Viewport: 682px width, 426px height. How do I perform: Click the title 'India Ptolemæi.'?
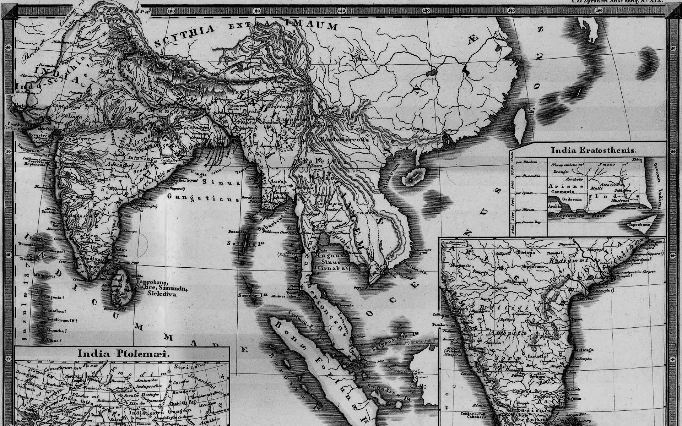(124, 354)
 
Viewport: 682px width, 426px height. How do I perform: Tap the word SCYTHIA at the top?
(185, 36)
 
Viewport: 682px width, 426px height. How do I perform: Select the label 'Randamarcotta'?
(345, 139)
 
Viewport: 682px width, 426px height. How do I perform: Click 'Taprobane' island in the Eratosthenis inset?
(640, 225)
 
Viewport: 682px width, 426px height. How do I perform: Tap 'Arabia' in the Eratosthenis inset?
(554, 206)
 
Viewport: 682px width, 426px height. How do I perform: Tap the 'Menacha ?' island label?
(54, 331)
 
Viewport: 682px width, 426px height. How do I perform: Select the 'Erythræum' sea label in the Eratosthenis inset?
(570, 215)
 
